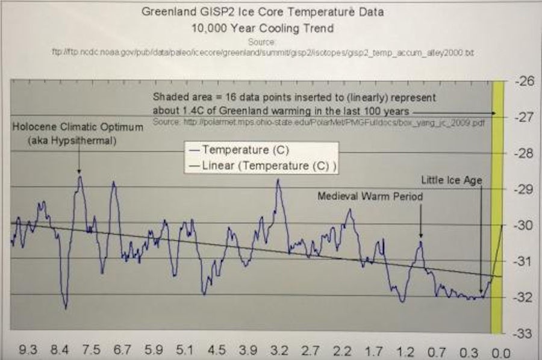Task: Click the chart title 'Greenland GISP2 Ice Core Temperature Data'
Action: click(x=261, y=11)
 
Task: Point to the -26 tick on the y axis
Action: click(x=521, y=82)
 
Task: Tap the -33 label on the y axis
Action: click(x=521, y=333)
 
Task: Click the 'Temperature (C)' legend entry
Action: click(x=238, y=149)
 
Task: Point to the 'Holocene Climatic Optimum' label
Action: click(x=79, y=128)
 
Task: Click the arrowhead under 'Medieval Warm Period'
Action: click(x=421, y=237)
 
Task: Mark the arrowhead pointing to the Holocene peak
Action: click(x=79, y=172)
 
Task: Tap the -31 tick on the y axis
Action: click(x=521, y=261)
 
